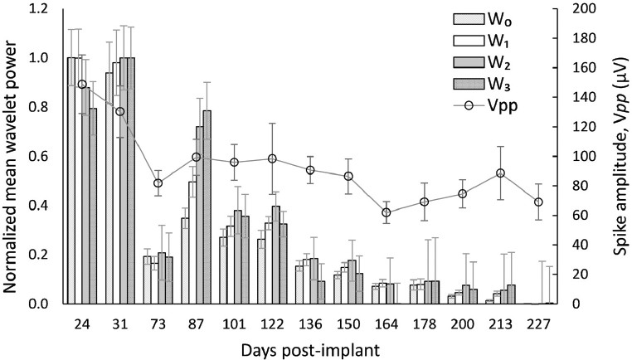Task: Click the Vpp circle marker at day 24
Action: pyautogui.click(x=82, y=84)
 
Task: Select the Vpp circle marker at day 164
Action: pyautogui.click(x=386, y=212)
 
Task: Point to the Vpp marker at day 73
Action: pyautogui.click(x=158, y=182)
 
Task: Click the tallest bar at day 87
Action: pyautogui.click(x=207, y=207)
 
